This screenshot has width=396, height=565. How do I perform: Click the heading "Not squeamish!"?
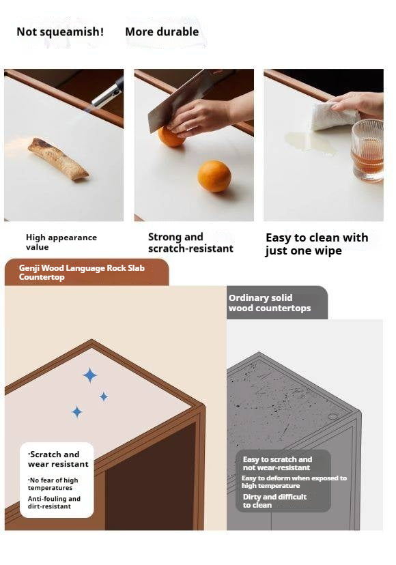click(60, 31)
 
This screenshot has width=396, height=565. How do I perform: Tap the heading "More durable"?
click(162, 31)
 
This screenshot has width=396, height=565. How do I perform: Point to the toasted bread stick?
click(58, 159)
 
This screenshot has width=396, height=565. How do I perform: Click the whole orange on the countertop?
click(214, 176)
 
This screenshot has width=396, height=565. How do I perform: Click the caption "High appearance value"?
click(61, 242)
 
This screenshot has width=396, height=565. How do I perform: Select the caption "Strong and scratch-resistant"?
click(190, 242)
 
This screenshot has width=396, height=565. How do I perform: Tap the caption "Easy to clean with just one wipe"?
click(317, 244)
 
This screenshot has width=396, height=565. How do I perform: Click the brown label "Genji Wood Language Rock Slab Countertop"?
click(82, 272)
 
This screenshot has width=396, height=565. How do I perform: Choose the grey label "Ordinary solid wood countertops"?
click(270, 303)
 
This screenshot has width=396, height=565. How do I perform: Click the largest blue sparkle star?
click(90, 375)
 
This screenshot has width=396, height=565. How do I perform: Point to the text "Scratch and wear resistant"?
click(58, 459)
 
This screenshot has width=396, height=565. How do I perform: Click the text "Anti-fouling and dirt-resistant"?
click(54, 502)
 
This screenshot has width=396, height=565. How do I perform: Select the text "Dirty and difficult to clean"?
click(274, 501)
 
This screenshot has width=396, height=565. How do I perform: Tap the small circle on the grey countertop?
click(333, 416)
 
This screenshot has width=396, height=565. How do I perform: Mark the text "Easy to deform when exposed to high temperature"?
click(294, 482)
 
